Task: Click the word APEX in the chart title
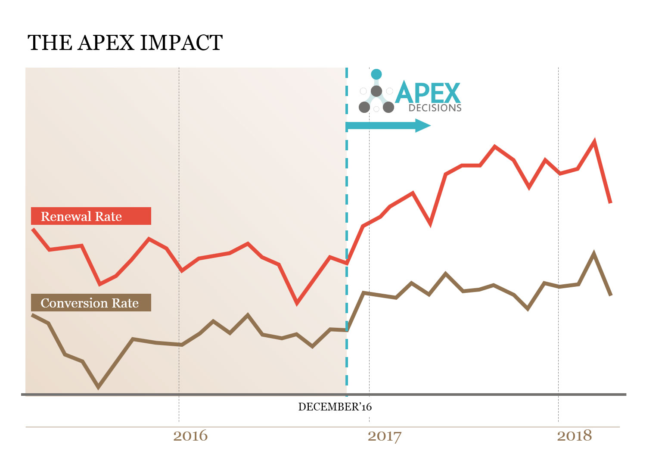pyautogui.click(x=106, y=43)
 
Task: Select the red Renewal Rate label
pyautogui.click(x=91, y=216)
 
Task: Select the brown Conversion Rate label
pyautogui.click(x=91, y=303)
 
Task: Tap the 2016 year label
pyautogui.click(x=190, y=436)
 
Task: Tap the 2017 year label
pyautogui.click(x=384, y=436)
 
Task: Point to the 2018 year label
pyautogui.click(x=574, y=436)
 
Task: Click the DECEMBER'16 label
pyautogui.click(x=335, y=407)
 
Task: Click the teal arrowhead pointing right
pyautogui.click(x=422, y=126)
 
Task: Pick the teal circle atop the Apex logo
pyautogui.click(x=376, y=74)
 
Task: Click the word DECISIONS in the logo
pyautogui.click(x=435, y=108)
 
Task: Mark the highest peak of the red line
pyautogui.click(x=594, y=141)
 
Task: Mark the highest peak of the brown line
pyautogui.click(x=594, y=253)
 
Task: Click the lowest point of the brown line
pyautogui.click(x=99, y=387)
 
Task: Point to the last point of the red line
pyautogui.click(x=610, y=202)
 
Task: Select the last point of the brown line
pyautogui.click(x=611, y=295)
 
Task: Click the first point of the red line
pyautogui.click(x=33, y=229)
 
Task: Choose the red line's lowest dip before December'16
pyautogui.click(x=297, y=303)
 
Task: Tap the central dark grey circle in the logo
pyautogui.click(x=376, y=91)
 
